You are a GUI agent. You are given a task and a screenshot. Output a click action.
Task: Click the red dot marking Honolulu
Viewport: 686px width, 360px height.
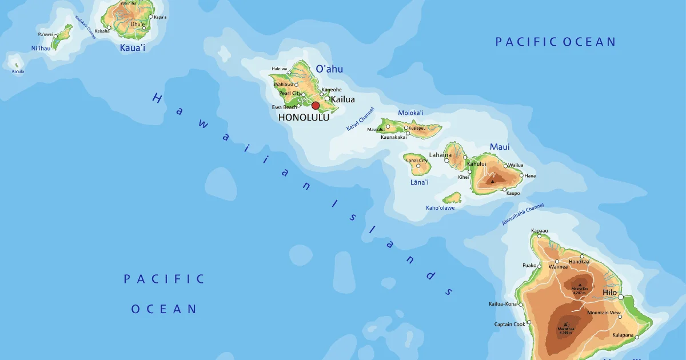(x=316, y=106)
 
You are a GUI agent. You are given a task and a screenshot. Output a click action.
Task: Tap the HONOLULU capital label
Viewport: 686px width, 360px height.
(x=304, y=117)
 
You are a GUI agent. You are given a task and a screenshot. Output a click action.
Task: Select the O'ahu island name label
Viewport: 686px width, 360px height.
(x=329, y=69)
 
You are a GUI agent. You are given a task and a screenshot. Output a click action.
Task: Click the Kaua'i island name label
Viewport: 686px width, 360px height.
(x=133, y=47)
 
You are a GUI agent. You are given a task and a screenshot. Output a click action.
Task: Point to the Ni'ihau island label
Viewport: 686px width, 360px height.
(x=41, y=49)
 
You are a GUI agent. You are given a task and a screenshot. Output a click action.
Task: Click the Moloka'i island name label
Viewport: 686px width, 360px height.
(x=410, y=113)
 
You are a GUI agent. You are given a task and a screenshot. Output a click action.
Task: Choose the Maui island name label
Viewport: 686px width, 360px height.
(x=500, y=147)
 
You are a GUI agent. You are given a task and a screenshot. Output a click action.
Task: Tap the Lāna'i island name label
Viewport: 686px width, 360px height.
(x=419, y=182)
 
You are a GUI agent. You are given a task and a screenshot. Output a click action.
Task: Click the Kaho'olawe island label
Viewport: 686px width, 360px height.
(x=440, y=207)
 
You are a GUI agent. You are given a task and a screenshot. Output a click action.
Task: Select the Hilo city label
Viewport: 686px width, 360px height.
(x=610, y=292)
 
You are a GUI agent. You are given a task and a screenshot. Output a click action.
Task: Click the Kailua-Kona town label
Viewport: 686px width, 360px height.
(x=502, y=304)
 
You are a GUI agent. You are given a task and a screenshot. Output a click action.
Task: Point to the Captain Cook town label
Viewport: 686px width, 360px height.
(x=510, y=324)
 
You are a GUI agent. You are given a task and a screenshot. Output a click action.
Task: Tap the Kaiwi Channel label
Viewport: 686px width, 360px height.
(x=360, y=119)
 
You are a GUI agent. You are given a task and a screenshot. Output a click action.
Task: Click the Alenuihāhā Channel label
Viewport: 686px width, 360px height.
(x=523, y=214)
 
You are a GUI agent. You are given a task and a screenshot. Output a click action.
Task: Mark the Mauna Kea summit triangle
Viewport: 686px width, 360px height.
(x=580, y=284)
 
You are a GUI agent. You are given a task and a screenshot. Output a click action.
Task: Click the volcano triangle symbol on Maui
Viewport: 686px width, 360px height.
(x=492, y=181)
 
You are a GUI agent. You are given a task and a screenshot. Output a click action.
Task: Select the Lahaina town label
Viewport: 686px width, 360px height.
(x=440, y=155)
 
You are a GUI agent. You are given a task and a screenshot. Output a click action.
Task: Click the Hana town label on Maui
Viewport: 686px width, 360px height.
(x=530, y=175)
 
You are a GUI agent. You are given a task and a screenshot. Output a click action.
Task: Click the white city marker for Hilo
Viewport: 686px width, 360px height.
(x=621, y=297)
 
